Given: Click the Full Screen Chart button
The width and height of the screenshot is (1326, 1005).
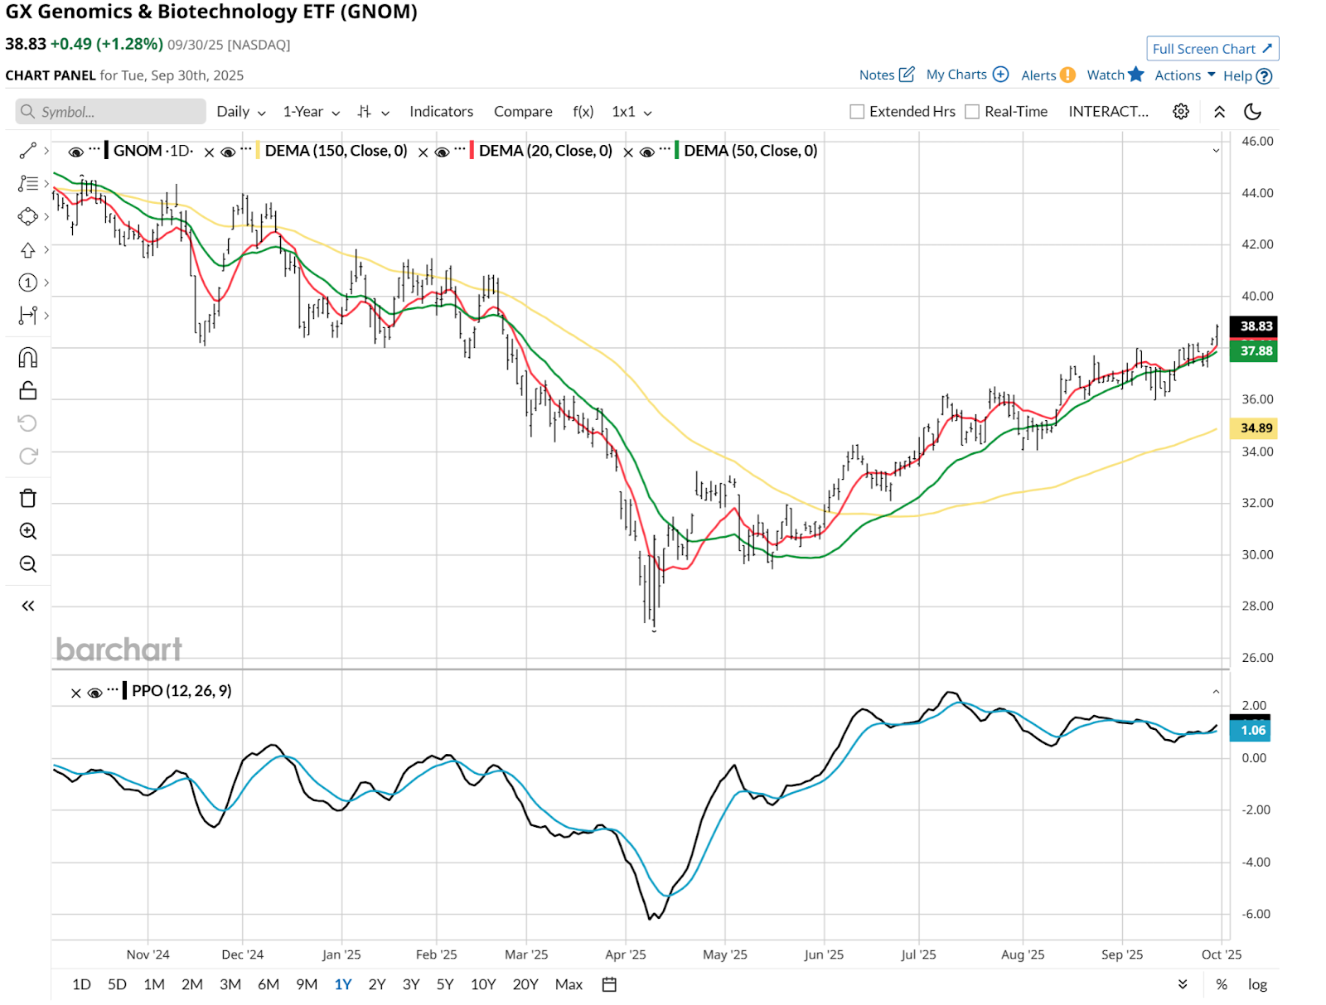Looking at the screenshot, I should [x=1212, y=49].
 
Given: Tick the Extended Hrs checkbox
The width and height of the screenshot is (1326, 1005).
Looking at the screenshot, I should [x=858, y=112].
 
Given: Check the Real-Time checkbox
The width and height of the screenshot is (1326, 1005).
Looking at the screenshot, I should [x=973, y=112].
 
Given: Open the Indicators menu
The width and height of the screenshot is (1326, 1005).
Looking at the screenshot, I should [x=441, y=112].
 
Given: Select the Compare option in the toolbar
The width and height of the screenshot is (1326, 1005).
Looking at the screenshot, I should [x=523, y=112].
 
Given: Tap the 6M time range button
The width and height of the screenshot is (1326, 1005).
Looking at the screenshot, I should [x=269, y=984].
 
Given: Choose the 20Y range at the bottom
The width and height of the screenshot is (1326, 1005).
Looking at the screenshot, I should [x=525, y=984].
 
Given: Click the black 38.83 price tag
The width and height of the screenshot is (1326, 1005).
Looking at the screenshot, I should [x=1255, y=326].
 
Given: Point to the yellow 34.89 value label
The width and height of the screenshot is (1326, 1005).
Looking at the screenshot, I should [x=1255, y=428].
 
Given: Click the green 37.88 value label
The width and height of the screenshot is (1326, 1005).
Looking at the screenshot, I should [x=1255, y=351].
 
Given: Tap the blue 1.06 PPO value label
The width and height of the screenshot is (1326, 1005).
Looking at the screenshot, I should [x=1252, y=730].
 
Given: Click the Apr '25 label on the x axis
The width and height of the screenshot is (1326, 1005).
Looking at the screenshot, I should [x=626, y=954].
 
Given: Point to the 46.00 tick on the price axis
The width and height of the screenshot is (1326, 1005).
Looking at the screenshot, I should [x=1257, y=142].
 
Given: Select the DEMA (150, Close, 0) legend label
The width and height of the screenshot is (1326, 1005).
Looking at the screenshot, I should [x=336, y=151].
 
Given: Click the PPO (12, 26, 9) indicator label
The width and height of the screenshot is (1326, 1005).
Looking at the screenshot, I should [x=181, y=691].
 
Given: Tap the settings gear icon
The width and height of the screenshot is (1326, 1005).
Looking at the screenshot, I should [x=1181, y=112].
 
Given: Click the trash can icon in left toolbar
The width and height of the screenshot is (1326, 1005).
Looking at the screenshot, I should [x=28, y=498].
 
